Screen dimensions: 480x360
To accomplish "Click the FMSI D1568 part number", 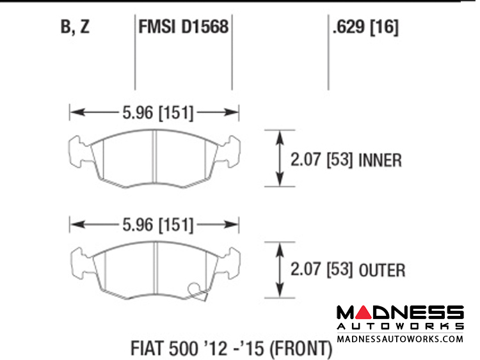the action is click(184, 27).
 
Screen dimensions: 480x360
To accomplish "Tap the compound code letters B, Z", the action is click(75, 27).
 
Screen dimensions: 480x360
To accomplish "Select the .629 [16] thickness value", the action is click(365, 27).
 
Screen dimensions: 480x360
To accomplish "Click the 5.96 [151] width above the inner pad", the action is click(157, 113).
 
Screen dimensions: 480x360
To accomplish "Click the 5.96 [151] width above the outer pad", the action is click(157, 225).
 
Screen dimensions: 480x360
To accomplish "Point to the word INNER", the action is click(380, 160).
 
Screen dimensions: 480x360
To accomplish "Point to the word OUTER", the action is click(381, 270).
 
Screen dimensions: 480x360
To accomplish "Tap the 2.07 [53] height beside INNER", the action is click(322, 160).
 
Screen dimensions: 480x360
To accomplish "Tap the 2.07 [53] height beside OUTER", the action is click(322, 270).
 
